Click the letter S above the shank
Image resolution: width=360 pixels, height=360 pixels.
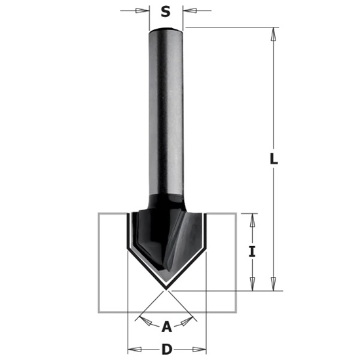tap(166, 10)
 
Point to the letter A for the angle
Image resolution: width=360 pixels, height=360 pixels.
tap(166, 325)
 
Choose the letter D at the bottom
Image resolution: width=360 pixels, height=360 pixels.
tap(166, 349)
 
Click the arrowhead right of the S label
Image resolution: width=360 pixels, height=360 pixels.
tap(188, 10)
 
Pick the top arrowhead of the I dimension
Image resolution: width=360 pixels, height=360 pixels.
tap(251, 219)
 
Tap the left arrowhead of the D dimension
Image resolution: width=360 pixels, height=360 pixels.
tap(130, 349)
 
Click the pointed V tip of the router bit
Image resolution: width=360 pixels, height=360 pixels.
tap(166, 289)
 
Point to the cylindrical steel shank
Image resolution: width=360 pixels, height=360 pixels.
tap(166, 111)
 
